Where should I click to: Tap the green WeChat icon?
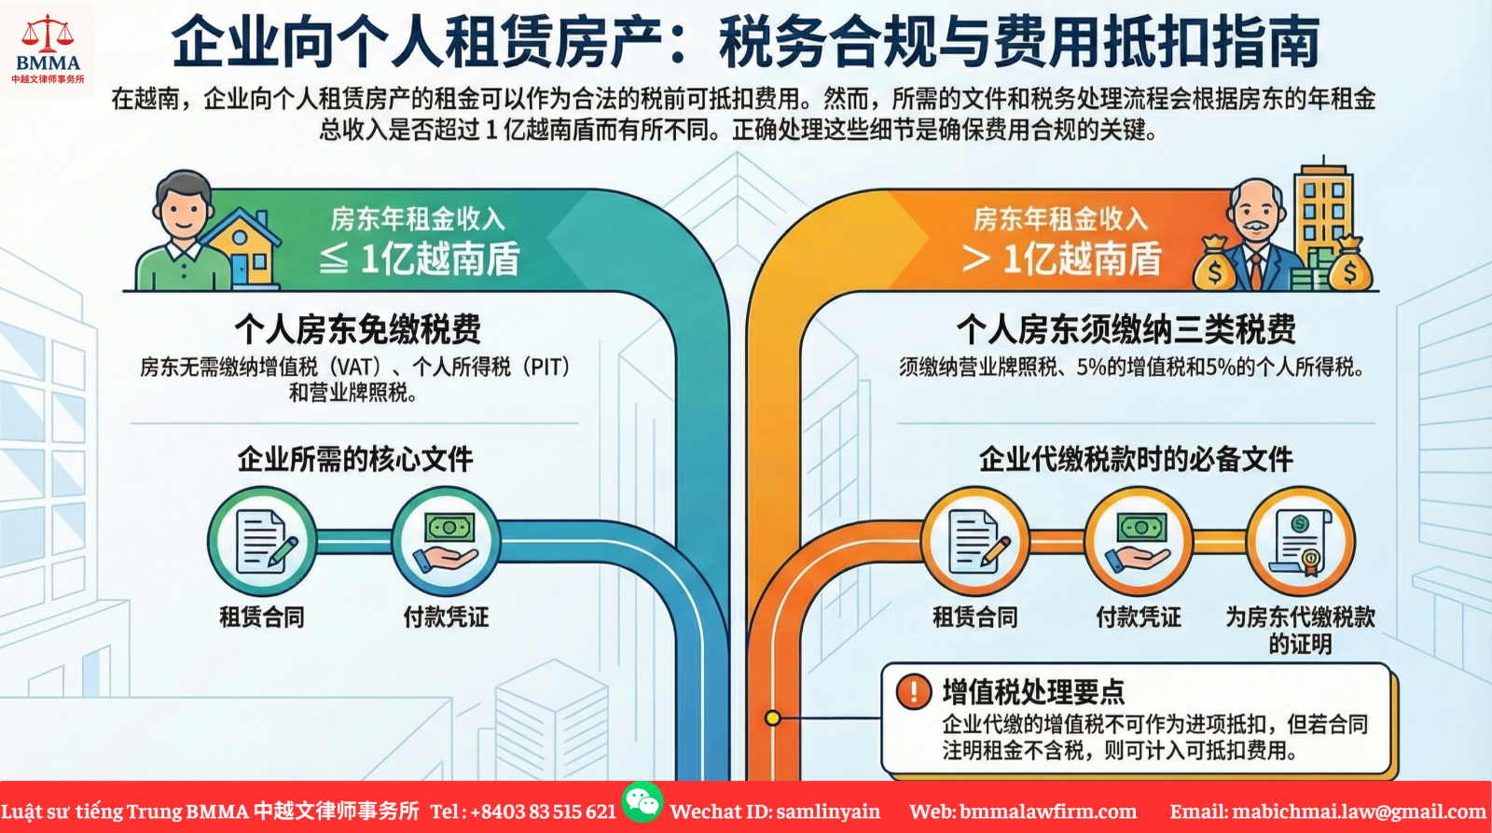tap(642, 801)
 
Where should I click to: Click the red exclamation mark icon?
tap(914, 691)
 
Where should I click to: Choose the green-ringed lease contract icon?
tap(263, 541)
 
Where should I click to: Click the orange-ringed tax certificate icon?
tap(1301, 541)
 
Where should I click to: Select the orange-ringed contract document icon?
tap(975, 541)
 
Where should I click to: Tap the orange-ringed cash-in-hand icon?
tap(1139, 541)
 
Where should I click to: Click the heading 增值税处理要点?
tap(1033, 692)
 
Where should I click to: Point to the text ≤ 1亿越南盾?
tap(420, 258)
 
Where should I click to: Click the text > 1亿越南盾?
tap(1062, 258)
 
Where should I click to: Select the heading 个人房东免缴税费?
tap(358, 329)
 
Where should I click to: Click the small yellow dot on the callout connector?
tap(773, 717)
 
